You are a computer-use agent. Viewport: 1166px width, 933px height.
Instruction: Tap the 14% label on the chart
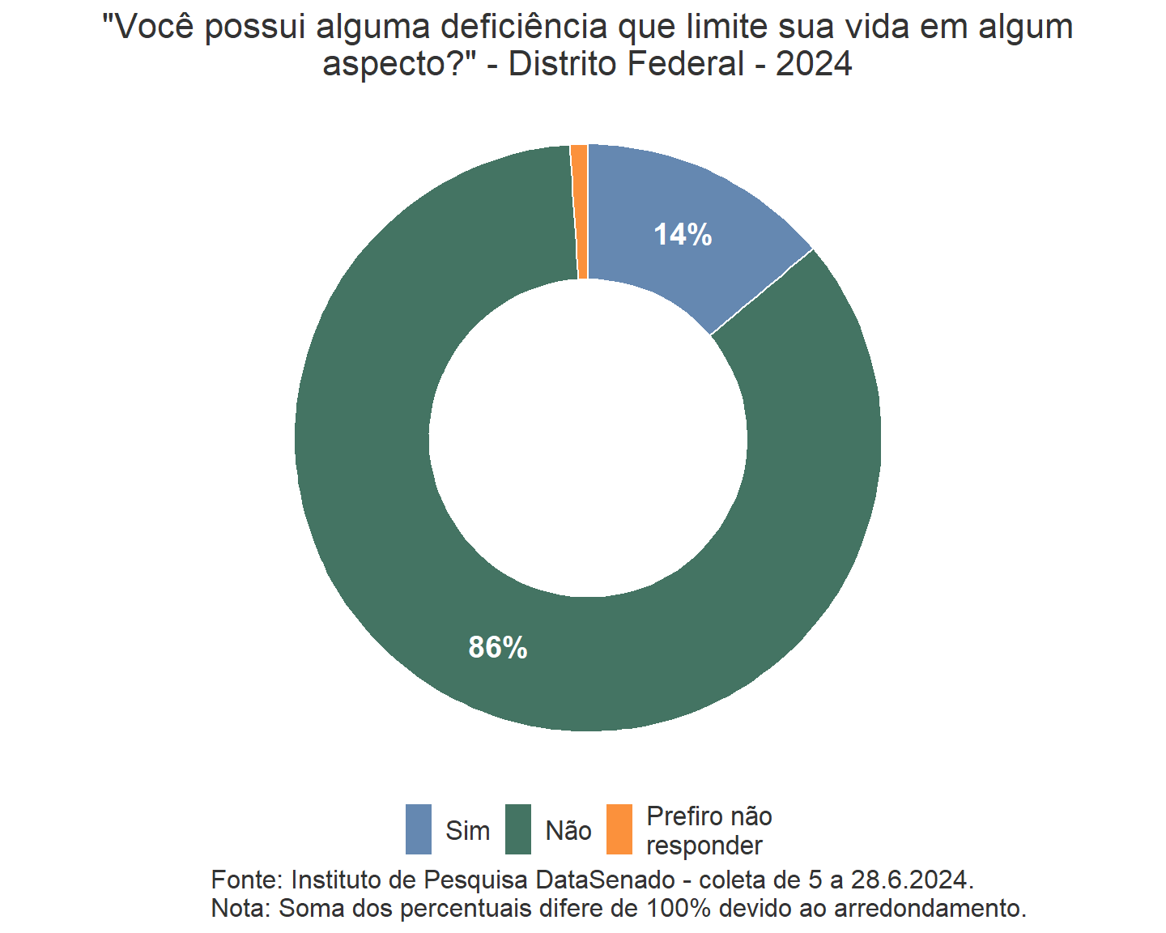(683, 235)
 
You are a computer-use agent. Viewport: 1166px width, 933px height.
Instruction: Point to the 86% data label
(498, 648)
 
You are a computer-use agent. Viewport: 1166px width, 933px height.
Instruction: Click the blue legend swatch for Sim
(419, 829)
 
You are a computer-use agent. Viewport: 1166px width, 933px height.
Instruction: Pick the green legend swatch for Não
(518, 829)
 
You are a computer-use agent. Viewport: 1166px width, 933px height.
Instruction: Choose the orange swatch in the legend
(619, 829)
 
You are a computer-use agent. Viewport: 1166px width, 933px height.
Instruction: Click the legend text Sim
(468, 831)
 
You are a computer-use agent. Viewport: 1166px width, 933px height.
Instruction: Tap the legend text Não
(568, 831)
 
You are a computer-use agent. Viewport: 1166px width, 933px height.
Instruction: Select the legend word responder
(704, 846)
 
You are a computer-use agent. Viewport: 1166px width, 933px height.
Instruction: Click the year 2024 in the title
(814, 64)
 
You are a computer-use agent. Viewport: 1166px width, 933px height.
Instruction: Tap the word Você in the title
(153, 28)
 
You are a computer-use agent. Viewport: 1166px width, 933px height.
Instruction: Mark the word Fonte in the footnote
(243, 880)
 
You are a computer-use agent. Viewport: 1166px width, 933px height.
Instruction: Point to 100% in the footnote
(678, 908)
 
